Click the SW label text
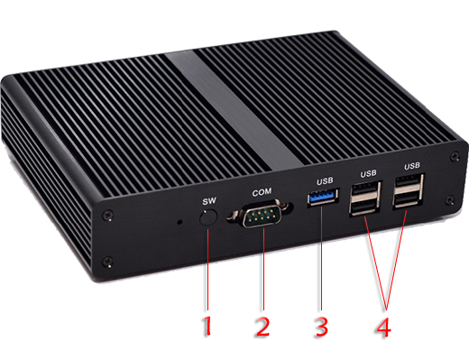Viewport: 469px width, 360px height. coord(208,200)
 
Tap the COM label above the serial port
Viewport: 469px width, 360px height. coord(262,191)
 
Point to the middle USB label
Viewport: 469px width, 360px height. coord(368,173)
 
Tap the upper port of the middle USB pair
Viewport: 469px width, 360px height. coord(365,193)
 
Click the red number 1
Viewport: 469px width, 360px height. coord(208,325)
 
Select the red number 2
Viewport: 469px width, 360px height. coord(262,325)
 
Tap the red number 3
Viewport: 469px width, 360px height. coord(319,325)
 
